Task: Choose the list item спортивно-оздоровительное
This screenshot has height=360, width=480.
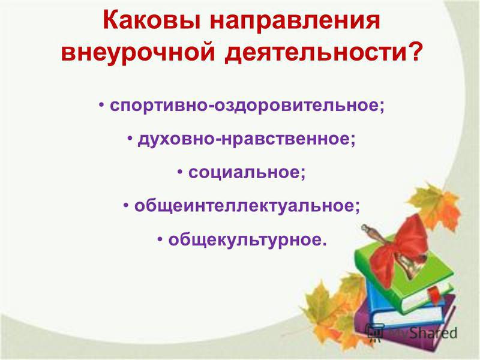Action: point(247,106)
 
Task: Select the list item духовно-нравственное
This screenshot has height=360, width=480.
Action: point(247,140)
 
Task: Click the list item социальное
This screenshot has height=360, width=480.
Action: point(247,173)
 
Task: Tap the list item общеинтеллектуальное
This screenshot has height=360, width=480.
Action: point(247,206)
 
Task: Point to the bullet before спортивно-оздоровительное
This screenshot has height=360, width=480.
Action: point(101,105)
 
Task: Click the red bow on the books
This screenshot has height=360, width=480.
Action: point(398,242)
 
